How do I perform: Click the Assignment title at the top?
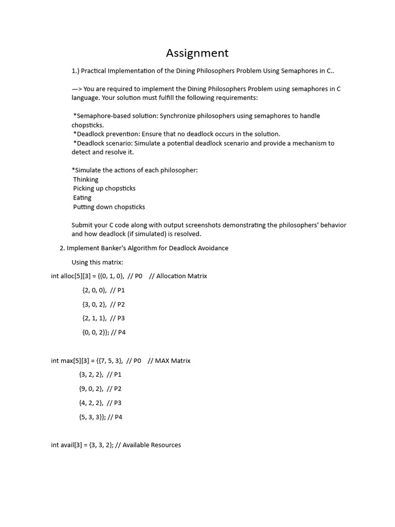tap(197, 53)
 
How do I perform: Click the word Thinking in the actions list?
tap(85, 180)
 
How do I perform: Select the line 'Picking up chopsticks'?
tap(104, 188)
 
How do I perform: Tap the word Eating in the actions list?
tap(82, 198)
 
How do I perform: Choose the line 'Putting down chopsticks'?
tap(109, 207)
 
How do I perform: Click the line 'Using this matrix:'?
tap(97, 262)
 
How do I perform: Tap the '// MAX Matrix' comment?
tap(169, 361)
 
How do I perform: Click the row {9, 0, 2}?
tap(91, 389)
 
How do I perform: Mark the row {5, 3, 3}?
tap(92, 417)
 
